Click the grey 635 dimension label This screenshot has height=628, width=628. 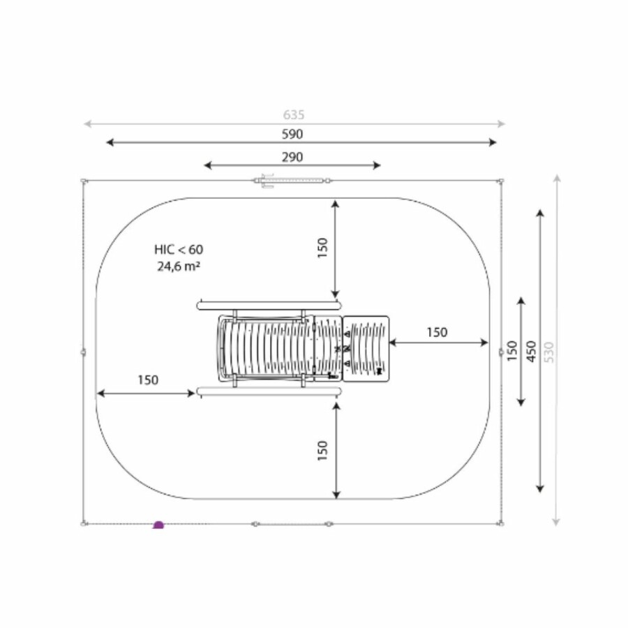294,115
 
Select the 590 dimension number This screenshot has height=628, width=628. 292,134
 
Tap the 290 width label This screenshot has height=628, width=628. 292,157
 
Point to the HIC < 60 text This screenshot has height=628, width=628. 179,250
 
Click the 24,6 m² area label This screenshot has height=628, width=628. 179,266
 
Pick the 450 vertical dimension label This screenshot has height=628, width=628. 531,351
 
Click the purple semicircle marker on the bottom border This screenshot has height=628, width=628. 158,525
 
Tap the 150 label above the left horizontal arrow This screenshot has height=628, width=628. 148,380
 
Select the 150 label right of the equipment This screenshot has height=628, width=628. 437,332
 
